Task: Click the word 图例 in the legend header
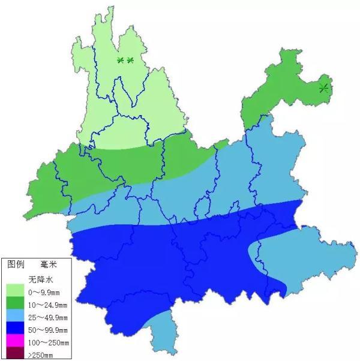[16, 264]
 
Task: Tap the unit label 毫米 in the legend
[49, 264]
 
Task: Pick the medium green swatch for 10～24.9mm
[14, 303]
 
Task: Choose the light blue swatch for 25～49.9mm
[14, 315]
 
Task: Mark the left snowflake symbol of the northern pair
[120, 60]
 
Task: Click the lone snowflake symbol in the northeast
[324, 88]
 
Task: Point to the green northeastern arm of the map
[282, 84]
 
